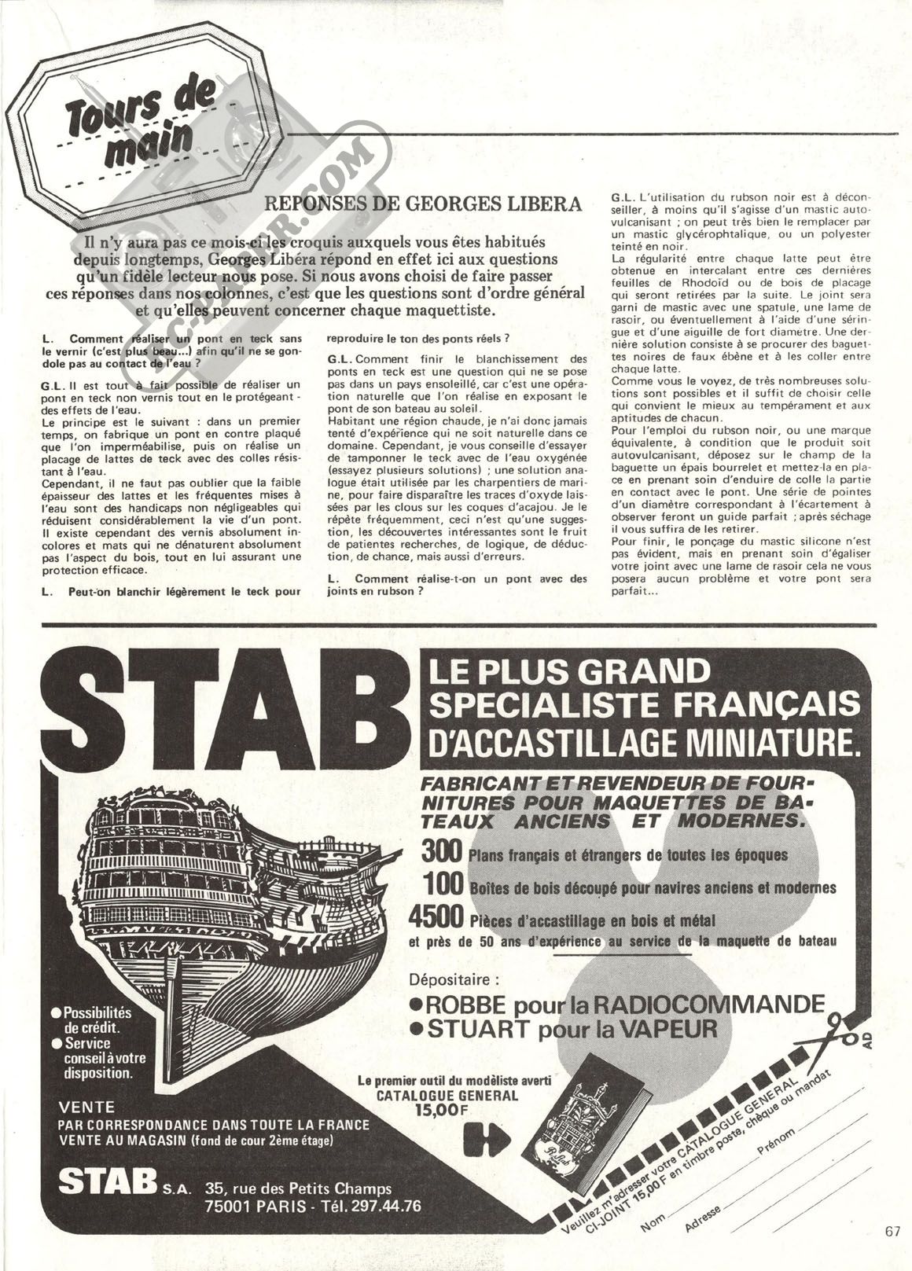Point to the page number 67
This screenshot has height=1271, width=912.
[891, 1231]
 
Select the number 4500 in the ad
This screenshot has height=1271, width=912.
[437, 917]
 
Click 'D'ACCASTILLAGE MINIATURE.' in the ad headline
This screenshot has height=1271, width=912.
[638, 741]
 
